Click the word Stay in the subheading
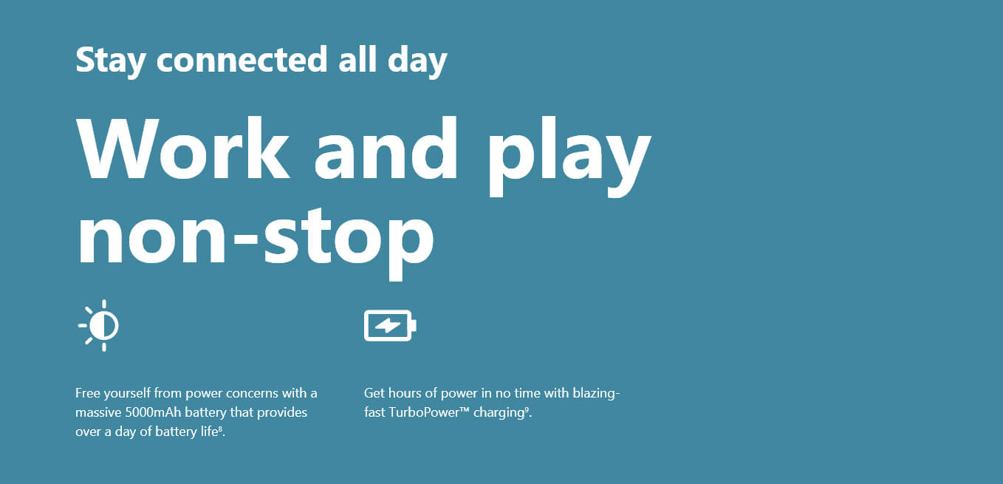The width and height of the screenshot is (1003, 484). point(111,59)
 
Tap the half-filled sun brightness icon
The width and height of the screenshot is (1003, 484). point(100,325)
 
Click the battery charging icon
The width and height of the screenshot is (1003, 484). point(390,325)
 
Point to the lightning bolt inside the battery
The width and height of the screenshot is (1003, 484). point(388,325)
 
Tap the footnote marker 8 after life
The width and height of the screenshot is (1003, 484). point(220,429)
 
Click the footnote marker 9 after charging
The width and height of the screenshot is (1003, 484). point(527,409)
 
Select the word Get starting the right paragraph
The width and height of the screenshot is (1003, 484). point(374,393)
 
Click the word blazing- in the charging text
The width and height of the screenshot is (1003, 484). point(596,393)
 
